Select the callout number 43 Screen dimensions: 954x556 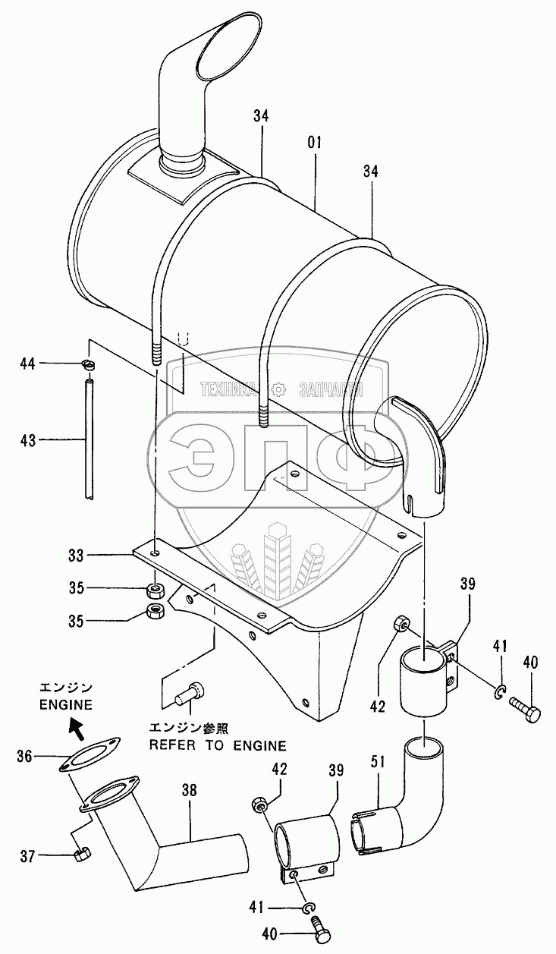coord(30,439)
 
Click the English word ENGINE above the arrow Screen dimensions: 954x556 coord(66,704)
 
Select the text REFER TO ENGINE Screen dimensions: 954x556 coord(217,745)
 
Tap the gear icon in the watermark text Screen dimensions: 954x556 coord(279,389)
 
